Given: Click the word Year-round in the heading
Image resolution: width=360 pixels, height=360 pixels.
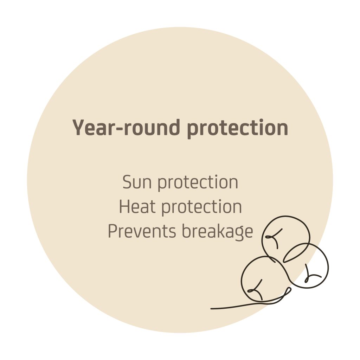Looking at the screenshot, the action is (x=126, y=128).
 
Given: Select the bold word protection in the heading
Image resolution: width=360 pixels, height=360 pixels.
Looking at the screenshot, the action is (x=237, y=129).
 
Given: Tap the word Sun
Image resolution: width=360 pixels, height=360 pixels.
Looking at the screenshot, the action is (x=137, y=182).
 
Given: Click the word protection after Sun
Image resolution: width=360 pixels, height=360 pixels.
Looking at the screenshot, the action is (x=198, y=183).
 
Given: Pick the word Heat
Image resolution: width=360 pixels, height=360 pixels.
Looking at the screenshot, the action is (x=137, y=207).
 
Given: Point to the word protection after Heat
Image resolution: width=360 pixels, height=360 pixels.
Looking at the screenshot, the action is (x=201, y=207).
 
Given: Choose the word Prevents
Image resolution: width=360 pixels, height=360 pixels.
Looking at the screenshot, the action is (x=142, y=231).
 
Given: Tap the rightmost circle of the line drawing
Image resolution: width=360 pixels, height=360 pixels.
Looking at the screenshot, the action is (x=328, y=266).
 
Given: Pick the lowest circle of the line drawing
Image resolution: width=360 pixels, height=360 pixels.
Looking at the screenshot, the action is (x=241, y=280).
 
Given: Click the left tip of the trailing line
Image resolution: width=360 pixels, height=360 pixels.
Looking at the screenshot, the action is (x=211, y=309).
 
